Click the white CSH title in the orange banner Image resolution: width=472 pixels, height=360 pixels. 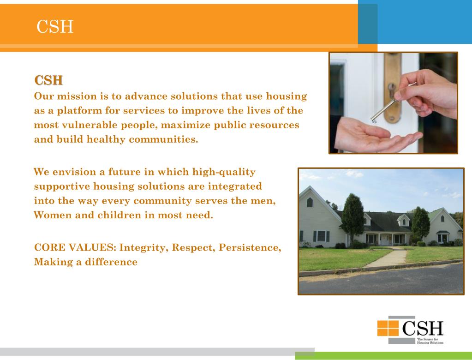[55, 26]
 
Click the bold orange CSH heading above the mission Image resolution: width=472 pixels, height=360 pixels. [48, 80]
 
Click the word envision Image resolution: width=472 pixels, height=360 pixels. [74, 172]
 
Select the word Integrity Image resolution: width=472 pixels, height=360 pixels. [143, 247]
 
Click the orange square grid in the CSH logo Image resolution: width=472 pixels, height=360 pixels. [388, 328]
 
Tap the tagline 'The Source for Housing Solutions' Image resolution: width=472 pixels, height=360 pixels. [430, 341]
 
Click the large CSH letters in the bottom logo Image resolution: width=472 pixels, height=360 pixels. [423, 328]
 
